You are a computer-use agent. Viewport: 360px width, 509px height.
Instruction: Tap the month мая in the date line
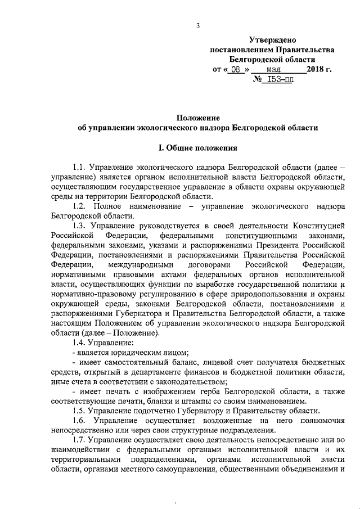(274, 70)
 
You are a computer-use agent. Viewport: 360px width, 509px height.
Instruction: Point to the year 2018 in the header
(316, 70)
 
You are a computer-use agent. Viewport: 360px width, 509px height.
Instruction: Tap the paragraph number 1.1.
(81, 168)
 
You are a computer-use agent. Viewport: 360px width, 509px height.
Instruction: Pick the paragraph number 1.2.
(81, 206)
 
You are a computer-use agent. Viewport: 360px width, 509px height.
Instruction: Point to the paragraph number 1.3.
(81, 225)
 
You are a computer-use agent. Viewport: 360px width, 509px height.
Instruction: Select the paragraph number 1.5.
(81, 411)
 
